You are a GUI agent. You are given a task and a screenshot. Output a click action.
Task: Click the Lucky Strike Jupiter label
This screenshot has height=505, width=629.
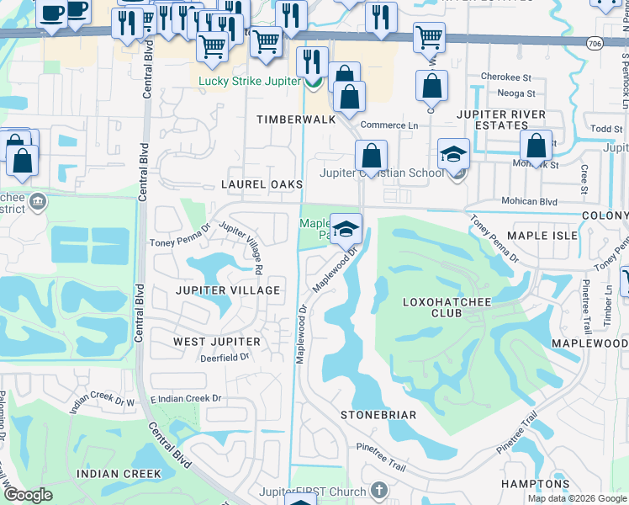click(x=249, y=82)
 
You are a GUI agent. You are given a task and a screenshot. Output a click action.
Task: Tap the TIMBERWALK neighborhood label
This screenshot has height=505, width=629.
click(x=296, y=120)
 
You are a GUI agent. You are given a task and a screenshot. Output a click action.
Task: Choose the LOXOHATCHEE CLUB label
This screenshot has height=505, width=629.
click(x=433, y=306)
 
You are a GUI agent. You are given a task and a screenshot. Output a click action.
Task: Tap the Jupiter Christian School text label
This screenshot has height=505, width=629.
click(x=382, y=173)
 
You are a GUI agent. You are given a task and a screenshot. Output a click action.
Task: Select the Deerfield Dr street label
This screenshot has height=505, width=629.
click(x=225, y=357)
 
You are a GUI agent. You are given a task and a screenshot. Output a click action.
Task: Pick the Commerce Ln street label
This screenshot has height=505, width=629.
click(x=389, y=125)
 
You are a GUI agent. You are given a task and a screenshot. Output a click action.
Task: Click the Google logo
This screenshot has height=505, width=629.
click(x=29, y=495)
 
